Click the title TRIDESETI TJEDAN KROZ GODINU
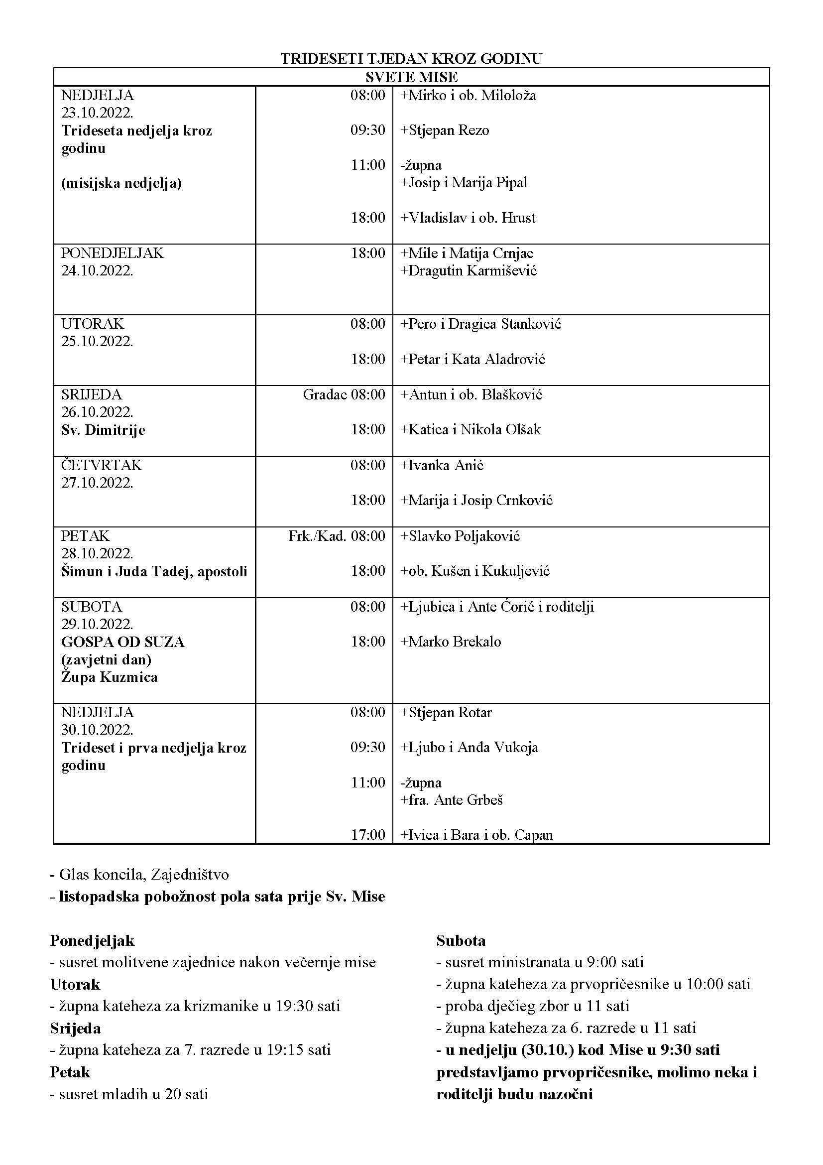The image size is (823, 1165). coord(411,59)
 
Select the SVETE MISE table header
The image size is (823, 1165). coord(411,77)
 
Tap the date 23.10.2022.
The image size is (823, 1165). coord(98,113)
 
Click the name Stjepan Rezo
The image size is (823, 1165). coord(448,130)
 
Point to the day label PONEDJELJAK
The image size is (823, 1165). coord(113,253)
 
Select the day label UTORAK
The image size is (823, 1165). coord(92,324)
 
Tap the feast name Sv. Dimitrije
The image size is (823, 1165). coord(104,430)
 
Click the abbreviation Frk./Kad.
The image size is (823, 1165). coord(317,536)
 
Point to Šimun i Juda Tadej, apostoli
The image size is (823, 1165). coord(154,572)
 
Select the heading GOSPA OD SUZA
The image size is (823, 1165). coord(122,643)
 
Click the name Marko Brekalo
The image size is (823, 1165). coord(455,642)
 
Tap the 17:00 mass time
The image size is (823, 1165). coord(368,835)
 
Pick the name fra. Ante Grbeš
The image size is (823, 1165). coord(456,800)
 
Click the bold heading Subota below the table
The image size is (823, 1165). coord(461,940)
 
